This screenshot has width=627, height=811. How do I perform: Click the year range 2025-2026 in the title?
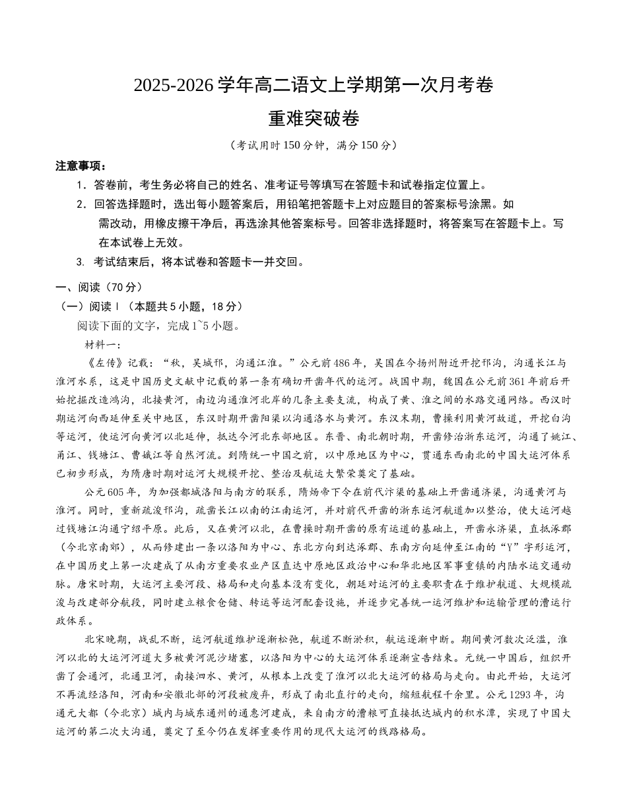pos(174,86)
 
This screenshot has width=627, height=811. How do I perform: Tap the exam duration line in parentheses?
pos(313,146)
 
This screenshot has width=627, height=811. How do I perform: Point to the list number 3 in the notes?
pos(81,262)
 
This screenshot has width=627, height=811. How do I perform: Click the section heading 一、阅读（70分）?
pos(98,287)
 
